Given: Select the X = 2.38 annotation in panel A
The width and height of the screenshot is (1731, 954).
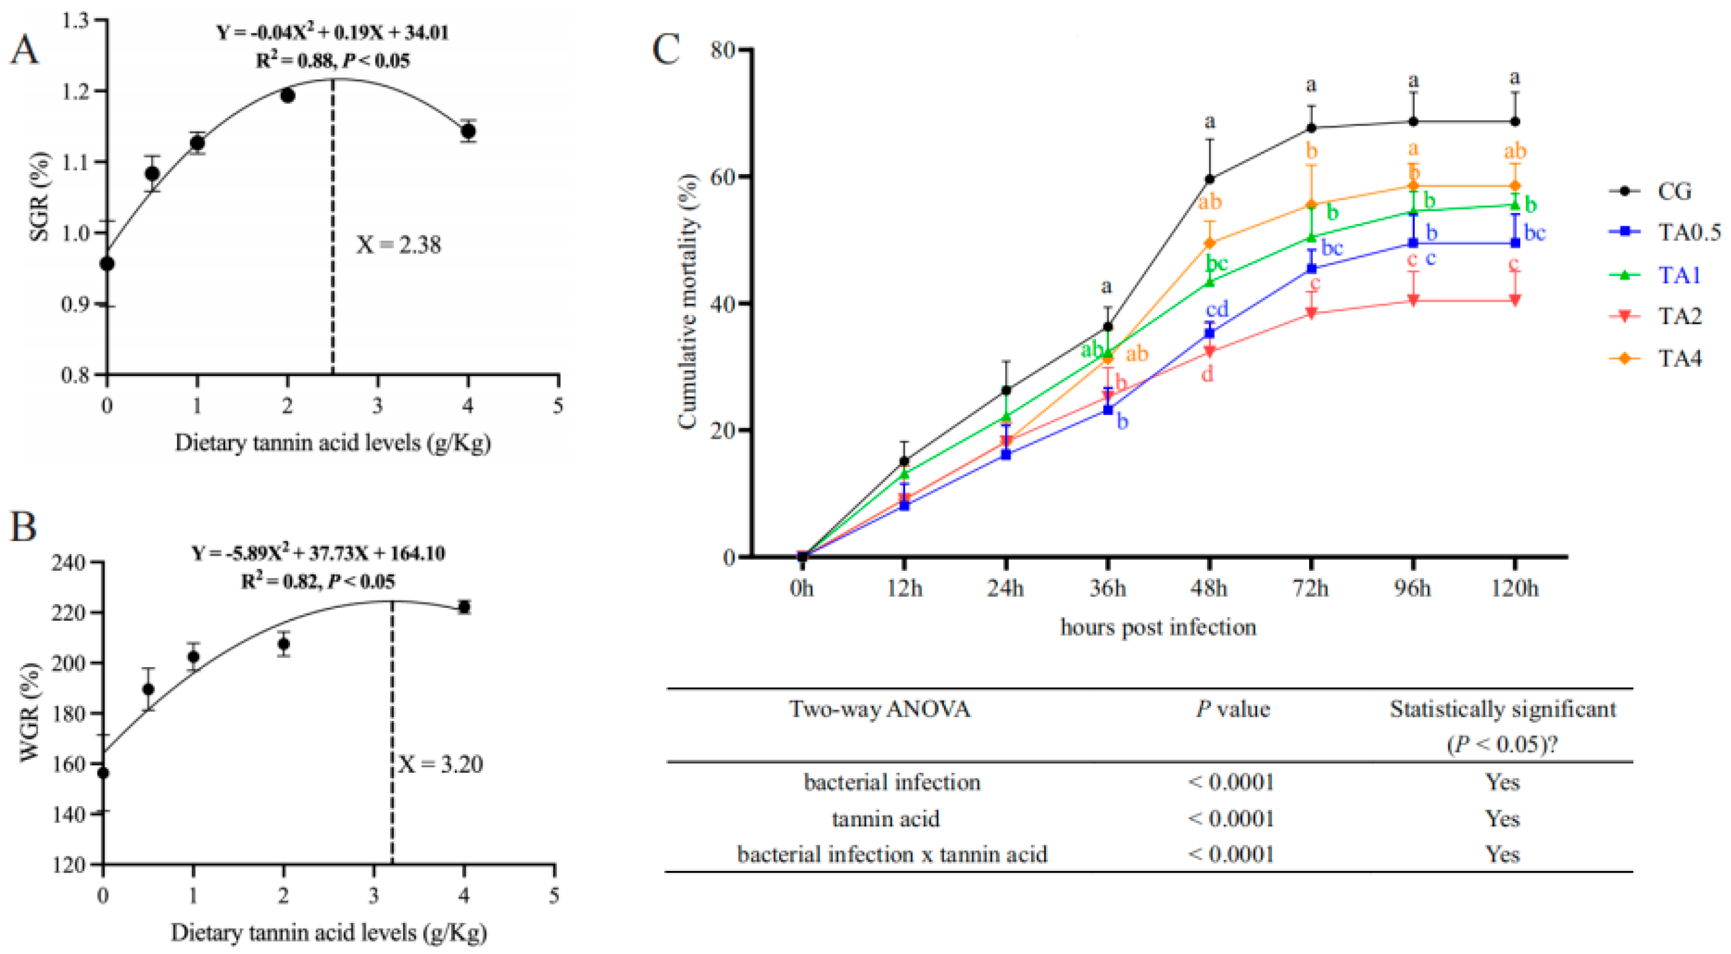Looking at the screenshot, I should (399, 245).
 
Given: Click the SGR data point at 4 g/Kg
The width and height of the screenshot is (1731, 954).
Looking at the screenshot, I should (468, 131).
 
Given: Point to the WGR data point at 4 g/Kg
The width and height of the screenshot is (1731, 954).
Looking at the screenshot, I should (463, 607).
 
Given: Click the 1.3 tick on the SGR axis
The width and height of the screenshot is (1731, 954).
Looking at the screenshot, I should (74, 21).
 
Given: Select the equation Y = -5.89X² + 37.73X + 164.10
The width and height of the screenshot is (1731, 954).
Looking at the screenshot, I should (318, 554).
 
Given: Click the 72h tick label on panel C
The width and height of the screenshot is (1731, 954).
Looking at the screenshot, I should (1311, 588).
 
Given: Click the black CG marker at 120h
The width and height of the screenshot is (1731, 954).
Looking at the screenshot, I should (1515, 121).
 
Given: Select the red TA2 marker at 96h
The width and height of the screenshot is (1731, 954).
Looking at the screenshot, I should (1413, 300).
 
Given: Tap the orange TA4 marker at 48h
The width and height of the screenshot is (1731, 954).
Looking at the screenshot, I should (1210, 243).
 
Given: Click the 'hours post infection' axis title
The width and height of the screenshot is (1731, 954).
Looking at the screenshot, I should (1158, 627).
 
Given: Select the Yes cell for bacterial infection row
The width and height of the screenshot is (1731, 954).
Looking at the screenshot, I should (1503, 782).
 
